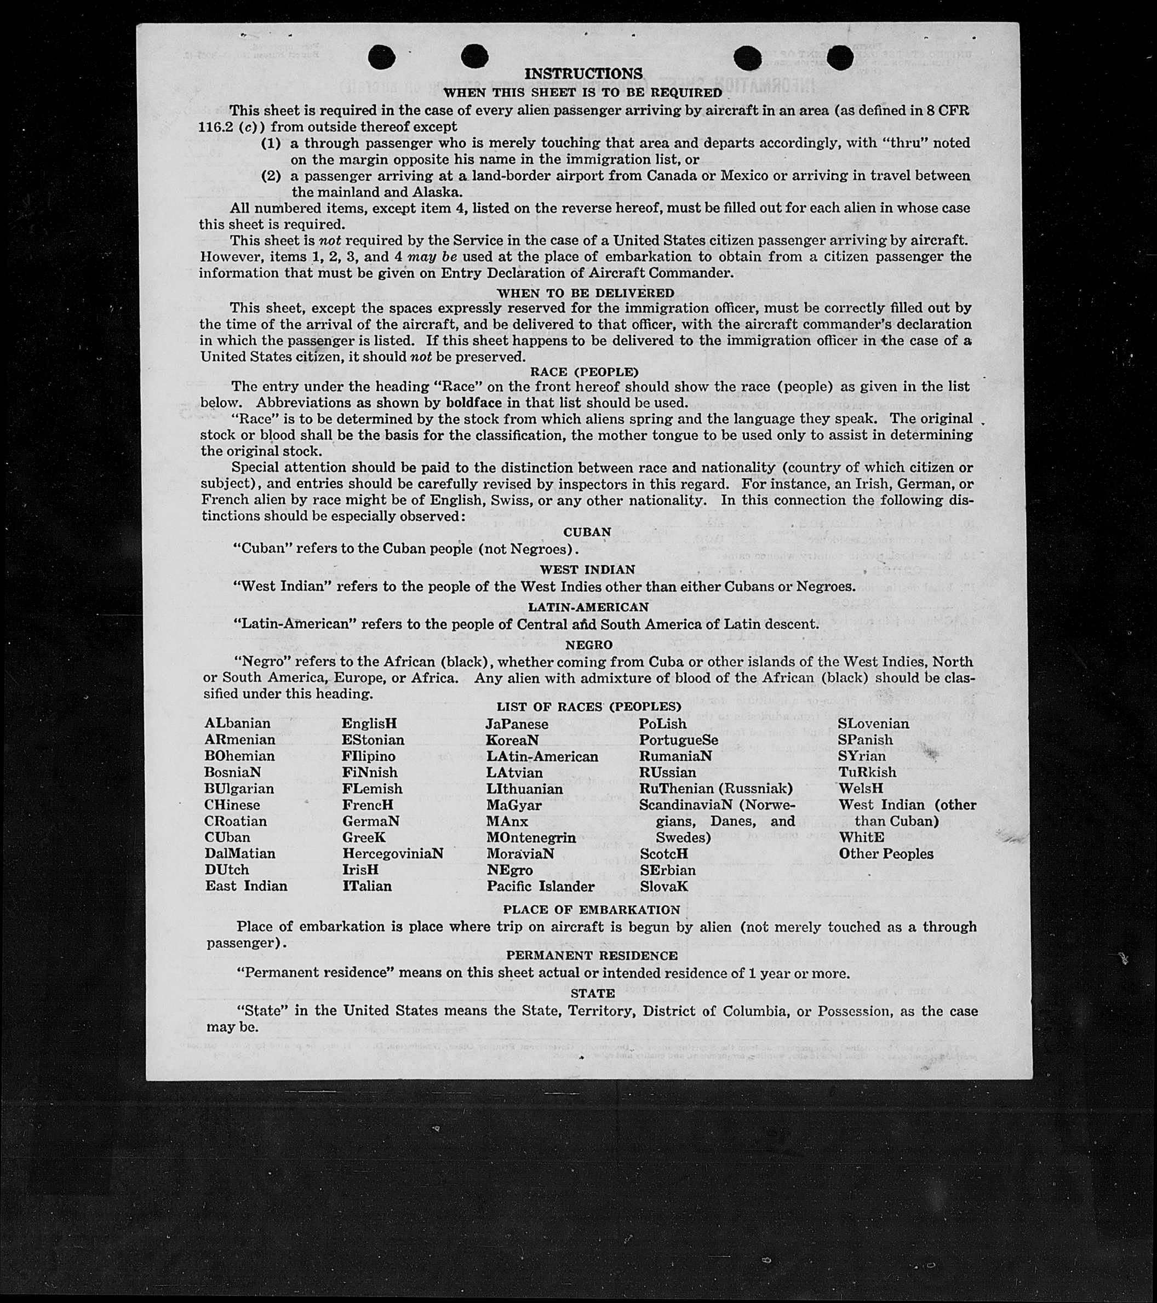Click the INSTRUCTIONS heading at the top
(583, 74)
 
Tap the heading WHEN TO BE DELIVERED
(585, 293)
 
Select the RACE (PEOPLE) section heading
(584, 372)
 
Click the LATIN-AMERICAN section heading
(588, 607)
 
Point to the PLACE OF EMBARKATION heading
(591, 910)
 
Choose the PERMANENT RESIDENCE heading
(592, 956)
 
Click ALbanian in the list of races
(237, 724)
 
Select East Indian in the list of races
(246, 886)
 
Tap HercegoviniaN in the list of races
(392, 853)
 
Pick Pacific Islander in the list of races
(540, 887)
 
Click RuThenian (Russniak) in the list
(715, 789)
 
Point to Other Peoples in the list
(885, 853)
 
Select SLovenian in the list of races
(873, 724)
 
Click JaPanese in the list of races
(517, 724)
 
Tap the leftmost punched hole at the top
(382, 58)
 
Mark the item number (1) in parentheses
(271, 143)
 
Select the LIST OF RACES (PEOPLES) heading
(588, 707)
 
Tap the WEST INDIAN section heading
(587, 569)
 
